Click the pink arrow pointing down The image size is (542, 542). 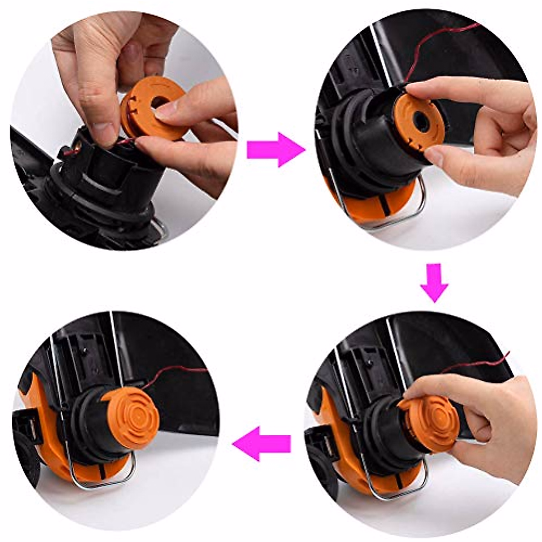[434, 282]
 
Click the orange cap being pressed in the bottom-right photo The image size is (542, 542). [429, 422]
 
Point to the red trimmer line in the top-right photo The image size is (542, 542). [434, 41]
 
